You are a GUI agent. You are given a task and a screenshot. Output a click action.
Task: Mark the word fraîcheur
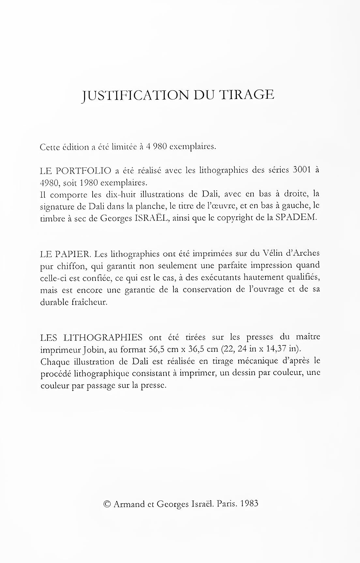[89, 302]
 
